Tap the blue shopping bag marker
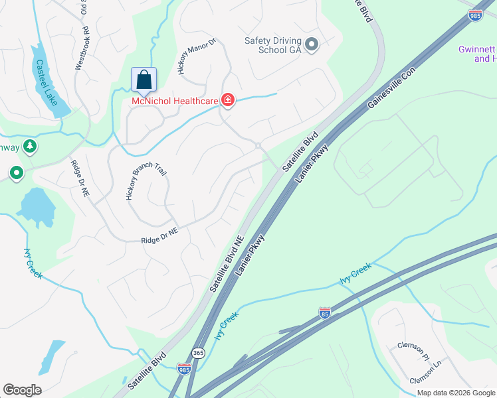pyautogui.click(x=144, y=81)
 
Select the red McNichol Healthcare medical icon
pyautogui.click(x=228, y=100)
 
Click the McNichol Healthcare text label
pyautogui.click(x=175, y=101)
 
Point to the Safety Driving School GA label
pyautogui.click(x=273, y=45)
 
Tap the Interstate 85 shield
pyautogui.click(x=325, y=312)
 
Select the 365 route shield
pyautogui.click(x=198, y=353)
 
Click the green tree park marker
pyautogui.click(x=29, y=146)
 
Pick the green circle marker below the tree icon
pyautogui.click(x=16, y=174)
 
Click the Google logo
pyautogui.click(x=22, y=390)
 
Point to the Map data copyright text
pyautogui.click(x=455, y=393)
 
